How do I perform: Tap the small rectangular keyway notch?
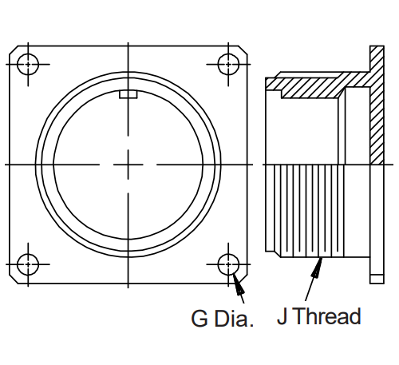coord(128,94)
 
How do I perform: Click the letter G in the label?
coord(199,319)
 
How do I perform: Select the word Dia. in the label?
coord(234,318)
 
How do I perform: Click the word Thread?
coord(328,316)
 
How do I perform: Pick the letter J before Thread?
coord(282,316)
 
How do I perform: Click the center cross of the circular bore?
coord(128,165)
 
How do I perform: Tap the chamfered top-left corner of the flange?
coord(14,50)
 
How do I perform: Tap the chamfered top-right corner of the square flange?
coord(243,50)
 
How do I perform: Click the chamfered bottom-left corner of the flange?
coord(14,279)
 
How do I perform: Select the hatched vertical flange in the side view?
coord(377,105)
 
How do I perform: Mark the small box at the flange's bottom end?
coord(377,279)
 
